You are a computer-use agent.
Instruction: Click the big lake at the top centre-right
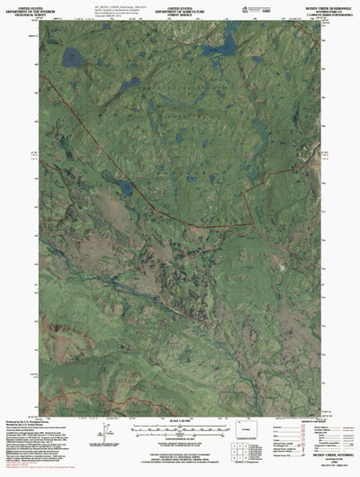[228, 44]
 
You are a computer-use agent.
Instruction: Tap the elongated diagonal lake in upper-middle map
[126, 85]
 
